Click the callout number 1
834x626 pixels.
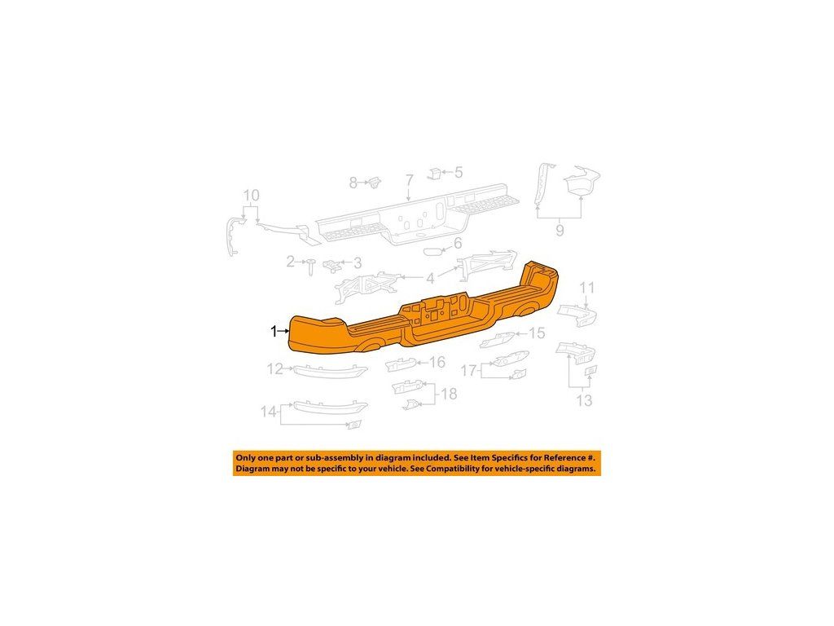click(x=274, y=331)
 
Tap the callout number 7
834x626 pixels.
click(x=410, y=180)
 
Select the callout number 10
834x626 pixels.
click(x=251, y=196)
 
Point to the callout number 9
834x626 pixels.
click(x=560, y=231)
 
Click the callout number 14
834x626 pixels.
click(x=269, y=412)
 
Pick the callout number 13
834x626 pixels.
click(x=584, y=400)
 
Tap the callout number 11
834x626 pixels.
click(x=587, y=287)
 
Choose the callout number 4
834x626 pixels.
click(x=430, y=278)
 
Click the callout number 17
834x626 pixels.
click(x=468, y=371)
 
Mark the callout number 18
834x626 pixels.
click(x=449, y=395)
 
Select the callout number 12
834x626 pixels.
click(x=274, y=369)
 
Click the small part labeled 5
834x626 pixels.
click(x=436, y=172)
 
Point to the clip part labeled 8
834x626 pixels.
click(x=375, y=181)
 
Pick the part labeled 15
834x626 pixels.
click(x=498, y=340)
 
